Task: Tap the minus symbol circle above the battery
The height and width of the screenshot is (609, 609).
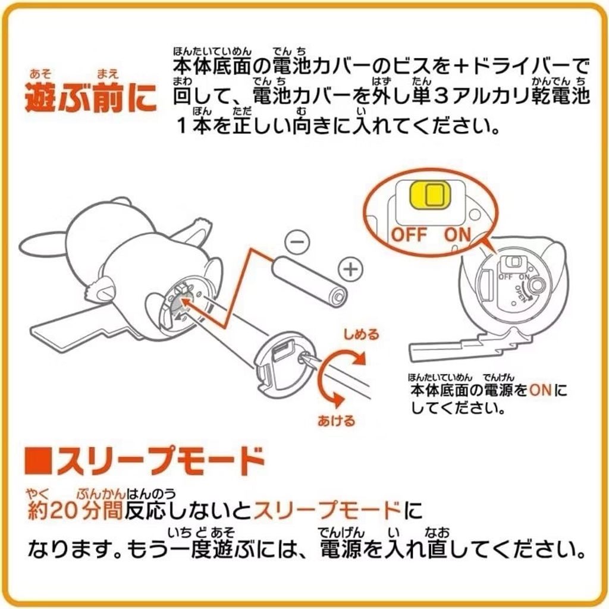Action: [x=297, y=242]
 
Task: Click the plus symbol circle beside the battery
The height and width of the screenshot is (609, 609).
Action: [x=351, y=269]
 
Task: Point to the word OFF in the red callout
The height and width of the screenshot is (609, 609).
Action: [x=409, y=235]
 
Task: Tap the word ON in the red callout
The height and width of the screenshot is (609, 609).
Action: [x=457, y=235]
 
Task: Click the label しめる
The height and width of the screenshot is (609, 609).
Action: [x=361, y=334]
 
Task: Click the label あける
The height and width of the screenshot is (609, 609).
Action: [x=337, y=421]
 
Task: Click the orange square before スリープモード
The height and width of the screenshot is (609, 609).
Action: [x=38, y=462]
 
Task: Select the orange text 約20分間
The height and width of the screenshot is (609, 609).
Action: [x=76, y=510]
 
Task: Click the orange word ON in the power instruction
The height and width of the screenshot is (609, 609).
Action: [x=540, y=390]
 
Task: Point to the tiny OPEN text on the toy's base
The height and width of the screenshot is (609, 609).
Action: [x=520, y=294]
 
